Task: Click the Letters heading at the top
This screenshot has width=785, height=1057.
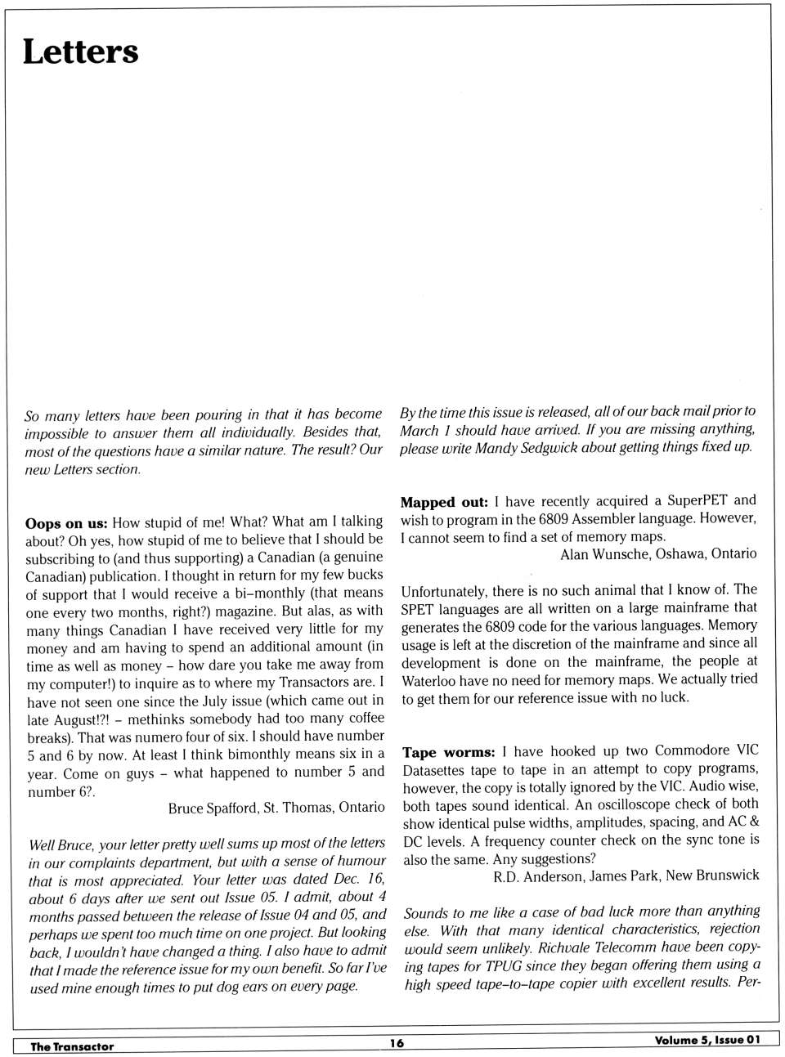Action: tap(80, 52)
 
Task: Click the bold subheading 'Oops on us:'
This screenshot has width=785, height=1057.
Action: tap(66, 522)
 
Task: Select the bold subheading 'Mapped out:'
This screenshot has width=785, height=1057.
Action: tap(444, 502)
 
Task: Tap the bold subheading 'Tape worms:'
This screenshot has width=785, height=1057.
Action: tap(449, 752)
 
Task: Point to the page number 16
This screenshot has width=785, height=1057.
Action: tap(397, 1042)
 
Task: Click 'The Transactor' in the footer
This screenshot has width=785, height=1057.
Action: tap(72, 1046)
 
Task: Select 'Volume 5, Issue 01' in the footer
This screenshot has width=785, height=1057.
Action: tap(706, 1040)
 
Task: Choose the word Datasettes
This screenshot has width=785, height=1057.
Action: tap(439, 770)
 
